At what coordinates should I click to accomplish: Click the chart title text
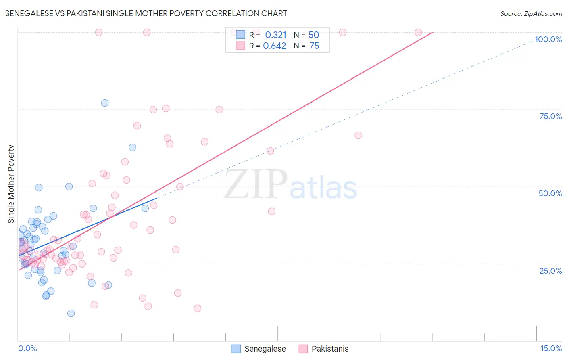(x=146, y=13)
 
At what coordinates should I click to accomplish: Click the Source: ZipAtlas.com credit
(x=531, y=13)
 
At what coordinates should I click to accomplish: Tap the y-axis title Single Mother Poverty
(x=11, y=184)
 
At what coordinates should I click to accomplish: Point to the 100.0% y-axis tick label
(x=548, y=39)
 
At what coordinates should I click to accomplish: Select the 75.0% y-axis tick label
(x=550, y=116)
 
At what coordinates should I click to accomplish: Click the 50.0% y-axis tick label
(x=550, y=193)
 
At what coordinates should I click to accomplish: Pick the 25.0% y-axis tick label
(x=550, y=270)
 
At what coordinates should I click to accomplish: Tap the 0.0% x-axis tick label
(x=27, y=348)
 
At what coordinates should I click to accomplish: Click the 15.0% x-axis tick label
(x=551, y=348)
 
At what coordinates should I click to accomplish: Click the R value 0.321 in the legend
(x=276, y=35)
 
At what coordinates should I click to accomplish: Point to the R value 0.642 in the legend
(x=275, y=46)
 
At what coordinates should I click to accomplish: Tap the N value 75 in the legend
(x=314, y=46)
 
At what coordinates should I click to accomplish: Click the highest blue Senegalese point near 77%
(x=105, y=103)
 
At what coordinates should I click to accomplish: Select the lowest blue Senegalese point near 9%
(x=71, y=313)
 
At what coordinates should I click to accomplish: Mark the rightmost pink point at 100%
(x=418, y=32)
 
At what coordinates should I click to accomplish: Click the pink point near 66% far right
(x=358, y=135)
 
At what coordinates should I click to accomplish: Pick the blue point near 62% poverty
(x=132, y=147)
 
